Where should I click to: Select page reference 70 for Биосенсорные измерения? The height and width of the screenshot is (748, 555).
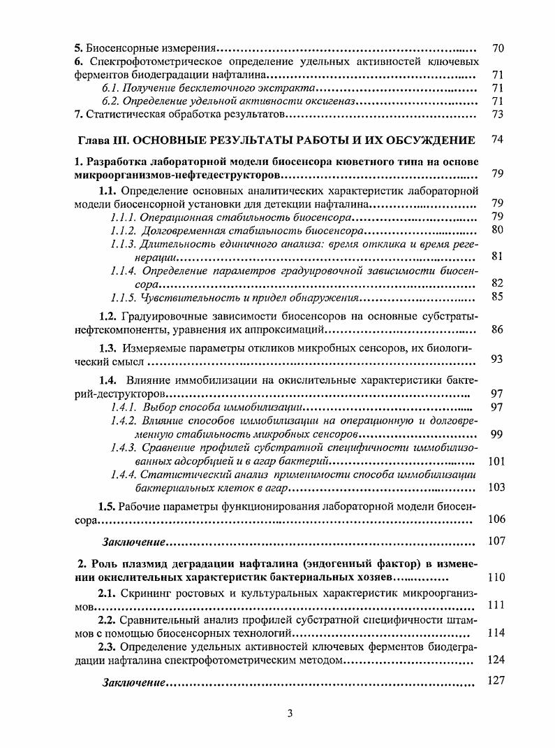pyautogui.click(x=498, y=48)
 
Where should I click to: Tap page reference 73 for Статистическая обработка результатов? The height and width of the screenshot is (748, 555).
pyautogui.click(x=498, y=114)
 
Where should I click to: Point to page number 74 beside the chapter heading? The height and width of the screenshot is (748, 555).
pyautogui.click(x=498, y=139)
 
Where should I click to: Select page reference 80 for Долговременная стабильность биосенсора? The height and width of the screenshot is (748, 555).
pyautogui.click(x=498, y=229)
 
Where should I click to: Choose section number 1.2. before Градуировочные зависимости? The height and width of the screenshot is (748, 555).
pyautogui.click(x=108, y=316)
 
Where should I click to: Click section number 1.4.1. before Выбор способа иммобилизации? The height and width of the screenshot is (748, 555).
pyautogui.click(x=124, y=406)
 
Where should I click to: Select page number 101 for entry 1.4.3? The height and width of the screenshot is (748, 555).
pyautogui.click(x=496, y=461)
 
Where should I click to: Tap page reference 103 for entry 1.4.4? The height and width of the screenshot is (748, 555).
pyautogui.click(x=496, y=487)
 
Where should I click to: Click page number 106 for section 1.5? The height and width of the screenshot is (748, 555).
pyautogui.click(x=496, y=519)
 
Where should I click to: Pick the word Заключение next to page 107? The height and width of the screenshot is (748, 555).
pyautogui.click(x=134, y=542)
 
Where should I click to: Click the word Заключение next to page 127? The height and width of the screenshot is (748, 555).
pyautogui.click(x=134, y=682)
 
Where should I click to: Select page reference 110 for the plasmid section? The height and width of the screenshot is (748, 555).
pyautogui.click(x=496, y=577)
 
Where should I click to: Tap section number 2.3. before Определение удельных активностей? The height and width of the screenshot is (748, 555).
pyautogui.click(x=108, y=646)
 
